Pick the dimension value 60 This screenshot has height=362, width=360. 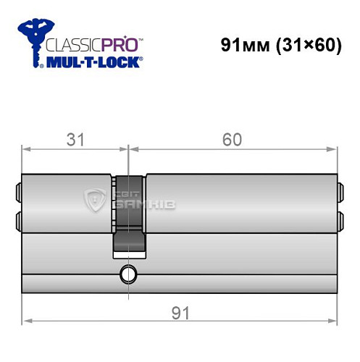pyautogui.click(x=233, y=139)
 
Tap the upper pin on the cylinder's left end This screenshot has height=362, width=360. pyautogui.click(x=18, y=192)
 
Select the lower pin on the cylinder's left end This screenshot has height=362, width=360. pyautogui.click(x=18, y=218)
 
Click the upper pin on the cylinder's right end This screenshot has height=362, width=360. pyautogui.click(x=341, y=192)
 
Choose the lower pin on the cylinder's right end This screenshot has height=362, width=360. pyautogui.click(x=341, y=218)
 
